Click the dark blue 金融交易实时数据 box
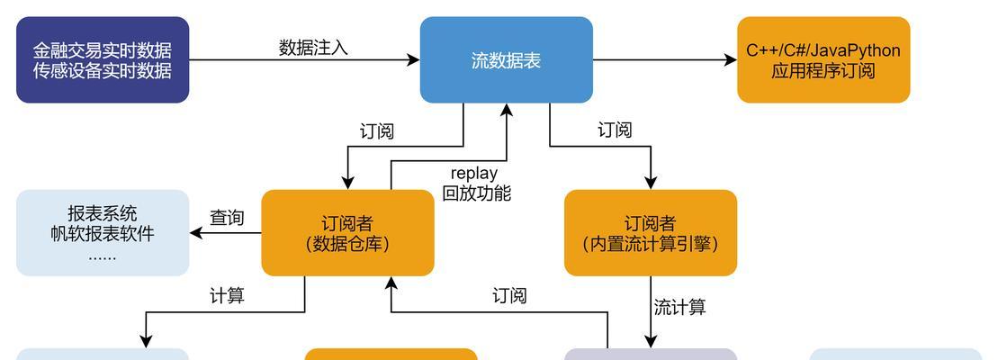(x=103, y=59)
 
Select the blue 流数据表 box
(x=506, y=59)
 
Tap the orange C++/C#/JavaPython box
(x=823, y=59)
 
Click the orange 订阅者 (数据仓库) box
(x=347, y=232)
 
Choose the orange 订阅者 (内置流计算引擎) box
(x=650, y=232)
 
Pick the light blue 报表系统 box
(x=103, y=232)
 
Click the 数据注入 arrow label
(x=313, y=48)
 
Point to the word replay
(x=474, y=172)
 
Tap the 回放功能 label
(x=476, y=193)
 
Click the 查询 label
(x=227, y=218)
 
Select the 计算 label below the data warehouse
(x=227, y=295)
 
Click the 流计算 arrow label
(x=679, y=307)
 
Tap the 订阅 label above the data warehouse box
(x=376, y=131)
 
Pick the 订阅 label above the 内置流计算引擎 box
(x=615, y=130)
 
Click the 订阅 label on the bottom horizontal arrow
(x=509, y=295)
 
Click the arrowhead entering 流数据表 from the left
(x=414, y=60)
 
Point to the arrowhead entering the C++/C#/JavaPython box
(x=731, y=60)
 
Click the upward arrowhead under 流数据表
(x=507, y=110)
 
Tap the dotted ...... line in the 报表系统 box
(x=103, y=256)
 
